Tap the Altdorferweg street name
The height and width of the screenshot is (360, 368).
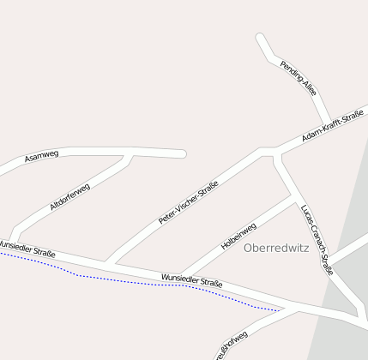click(x=69, y=196)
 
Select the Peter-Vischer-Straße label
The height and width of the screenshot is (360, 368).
click(x=189, y=202)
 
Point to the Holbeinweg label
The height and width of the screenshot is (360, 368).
click(x=238, y=236)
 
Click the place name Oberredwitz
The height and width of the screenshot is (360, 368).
click(x=276, y=249)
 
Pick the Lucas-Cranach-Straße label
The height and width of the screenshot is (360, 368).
click(x=317, y=239)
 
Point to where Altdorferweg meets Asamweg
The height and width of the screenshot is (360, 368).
click(x=130, y=156)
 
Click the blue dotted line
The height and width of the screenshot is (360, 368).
click(x=129, y=280)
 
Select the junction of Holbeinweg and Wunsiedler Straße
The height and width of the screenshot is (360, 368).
click(x=181, y=277)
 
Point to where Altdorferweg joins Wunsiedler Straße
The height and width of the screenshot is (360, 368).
click(x=13, y=241)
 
